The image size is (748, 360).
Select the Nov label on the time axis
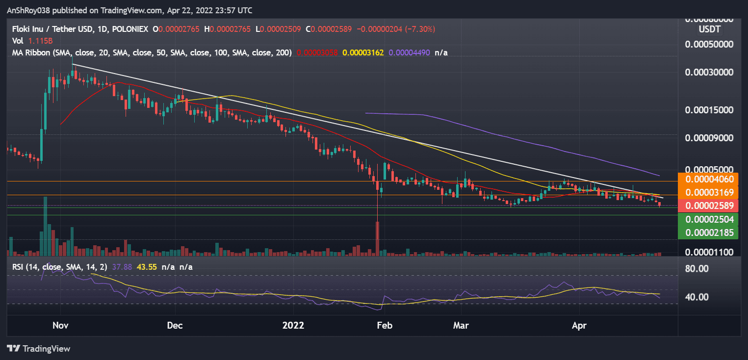coord(60,325)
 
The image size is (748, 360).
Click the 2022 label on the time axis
coord(293,325)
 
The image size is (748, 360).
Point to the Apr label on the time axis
coord(579,325)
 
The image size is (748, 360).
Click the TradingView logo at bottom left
coord(39,349)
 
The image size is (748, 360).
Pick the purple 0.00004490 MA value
coord(410,52)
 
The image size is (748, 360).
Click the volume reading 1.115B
coord(36,41)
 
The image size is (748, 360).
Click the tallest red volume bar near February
coord(377,238)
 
